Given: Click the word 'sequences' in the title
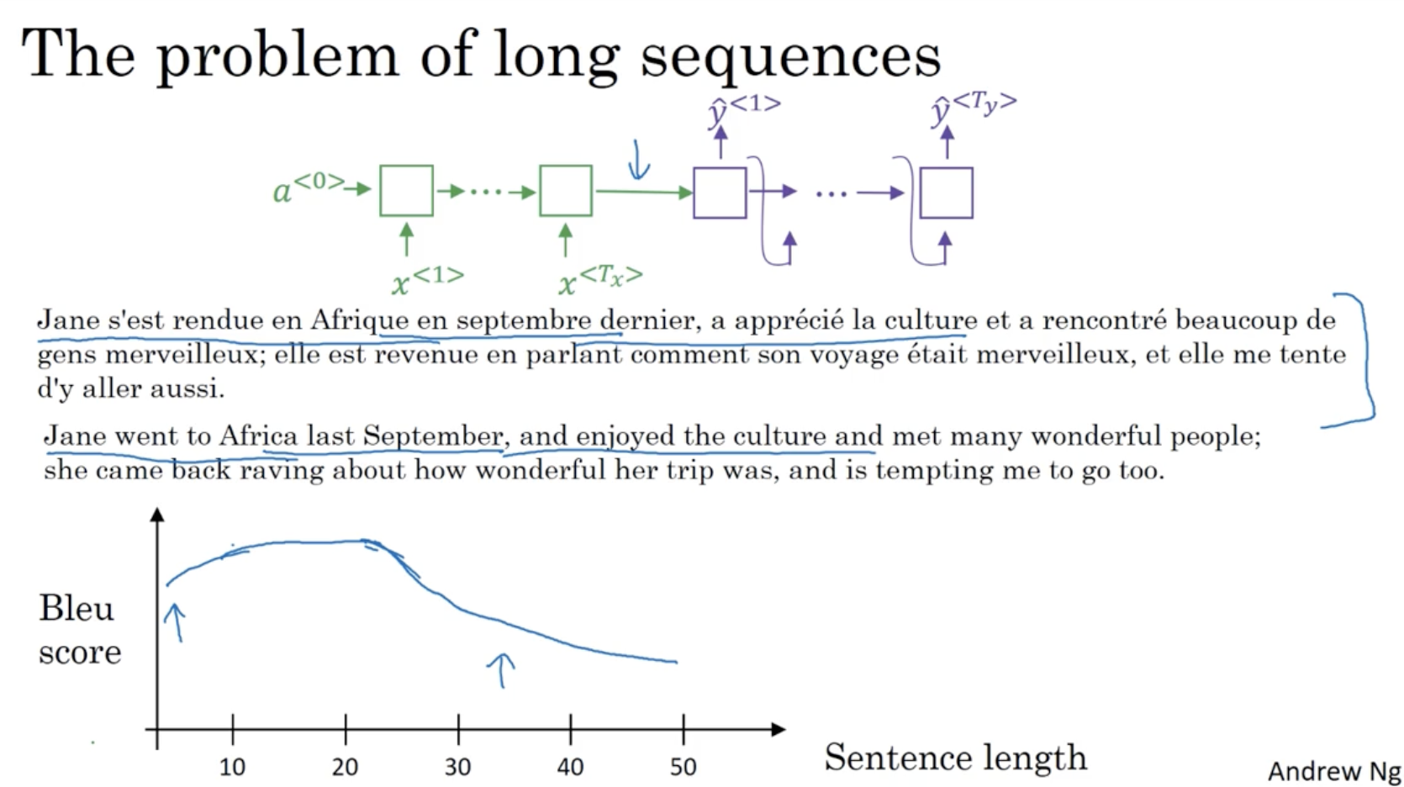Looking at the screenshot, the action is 790,56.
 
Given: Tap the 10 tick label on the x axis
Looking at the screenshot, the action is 232,767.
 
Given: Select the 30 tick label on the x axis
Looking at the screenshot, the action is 457,767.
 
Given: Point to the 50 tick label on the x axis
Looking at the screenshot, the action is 684,767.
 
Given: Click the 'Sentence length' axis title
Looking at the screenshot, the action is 955,758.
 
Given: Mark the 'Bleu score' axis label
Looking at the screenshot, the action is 80,630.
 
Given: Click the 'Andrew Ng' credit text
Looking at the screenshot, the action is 1335,771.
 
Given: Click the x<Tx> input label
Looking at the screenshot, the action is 600,280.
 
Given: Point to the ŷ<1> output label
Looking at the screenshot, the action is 744,110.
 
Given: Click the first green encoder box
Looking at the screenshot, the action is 406,191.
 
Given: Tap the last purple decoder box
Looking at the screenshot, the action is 947,193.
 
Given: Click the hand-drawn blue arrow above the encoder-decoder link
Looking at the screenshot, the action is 638,161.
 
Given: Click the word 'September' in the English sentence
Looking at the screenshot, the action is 432,436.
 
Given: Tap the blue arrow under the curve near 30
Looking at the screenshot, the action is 501,670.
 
